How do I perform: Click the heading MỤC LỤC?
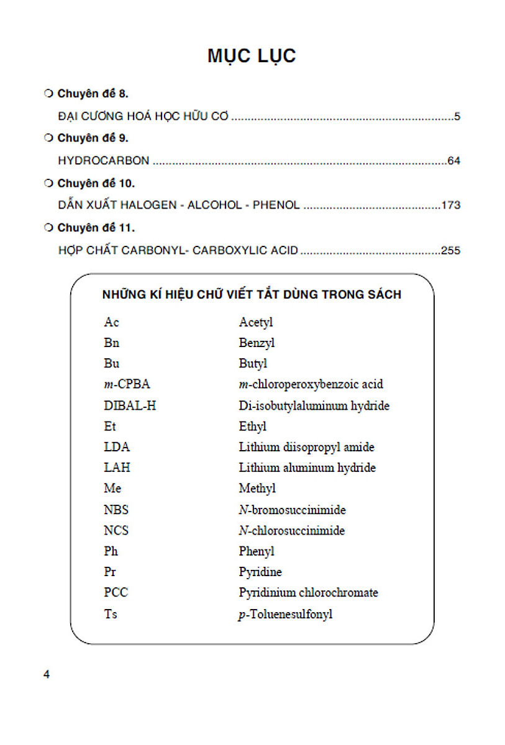tap(252, 56)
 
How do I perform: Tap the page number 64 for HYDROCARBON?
tap(453, 161)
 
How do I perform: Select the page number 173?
tap(450, 205)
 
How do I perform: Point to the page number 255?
tap(450, 251)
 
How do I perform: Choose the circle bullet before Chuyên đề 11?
tap(48, 228)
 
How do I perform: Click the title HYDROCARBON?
tap(103, 161)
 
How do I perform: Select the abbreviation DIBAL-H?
tap(130, 406)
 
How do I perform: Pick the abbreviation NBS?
tap(116, 510)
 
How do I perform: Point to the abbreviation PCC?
tap(116, 593)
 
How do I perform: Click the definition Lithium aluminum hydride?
tap(307, 468)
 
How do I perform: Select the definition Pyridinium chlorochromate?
tap(308, 593)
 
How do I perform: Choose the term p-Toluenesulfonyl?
tap(285, 614)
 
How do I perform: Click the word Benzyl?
tap(257, 343)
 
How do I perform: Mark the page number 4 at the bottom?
tap(47, 675)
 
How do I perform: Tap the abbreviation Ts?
tap(110, 614)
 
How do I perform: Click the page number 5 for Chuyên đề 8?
tap(457, 116)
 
